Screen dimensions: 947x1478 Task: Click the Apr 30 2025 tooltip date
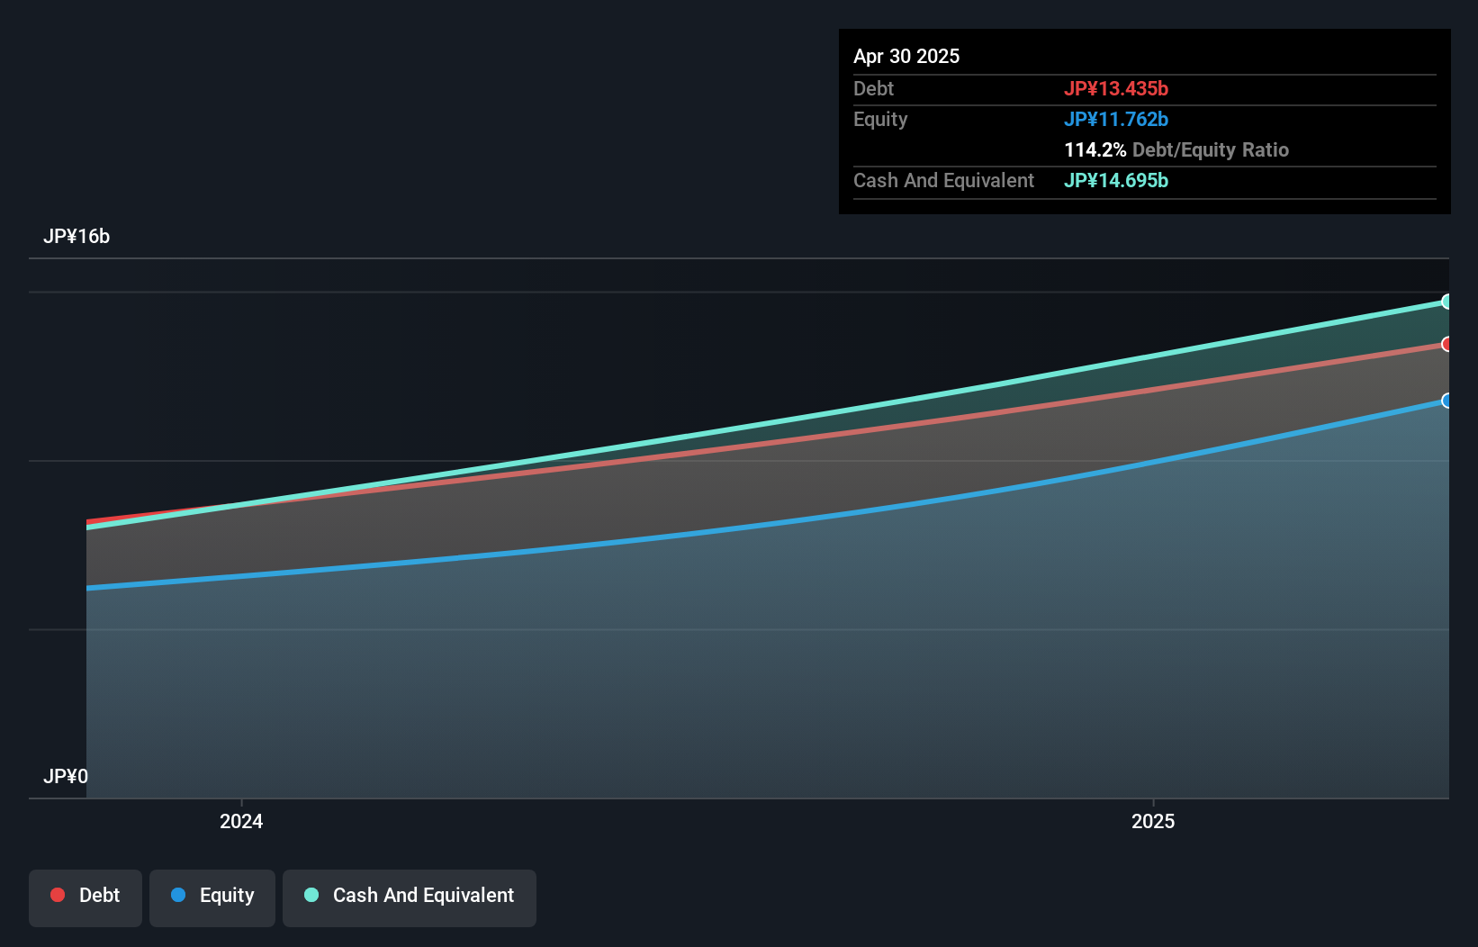906,56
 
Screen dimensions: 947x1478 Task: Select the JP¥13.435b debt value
1116,88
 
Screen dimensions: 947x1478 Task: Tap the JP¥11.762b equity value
1116,119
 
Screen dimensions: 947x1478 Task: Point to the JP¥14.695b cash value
1116,180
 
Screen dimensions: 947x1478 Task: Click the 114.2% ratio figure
1095,149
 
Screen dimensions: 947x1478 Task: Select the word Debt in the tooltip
873,88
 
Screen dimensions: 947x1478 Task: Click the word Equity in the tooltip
880,119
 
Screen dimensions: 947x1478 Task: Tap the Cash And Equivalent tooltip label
943,180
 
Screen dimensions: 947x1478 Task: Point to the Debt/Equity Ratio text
1211,149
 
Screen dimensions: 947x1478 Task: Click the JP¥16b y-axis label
77,236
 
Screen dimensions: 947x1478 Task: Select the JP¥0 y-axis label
66,776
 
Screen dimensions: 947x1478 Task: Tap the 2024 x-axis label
241,821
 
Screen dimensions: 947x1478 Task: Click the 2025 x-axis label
1153,821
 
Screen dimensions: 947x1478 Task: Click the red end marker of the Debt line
1446,344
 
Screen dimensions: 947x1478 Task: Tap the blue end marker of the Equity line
1446,401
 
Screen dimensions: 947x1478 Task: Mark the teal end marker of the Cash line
1446,302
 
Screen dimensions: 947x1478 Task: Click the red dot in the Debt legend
58,895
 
